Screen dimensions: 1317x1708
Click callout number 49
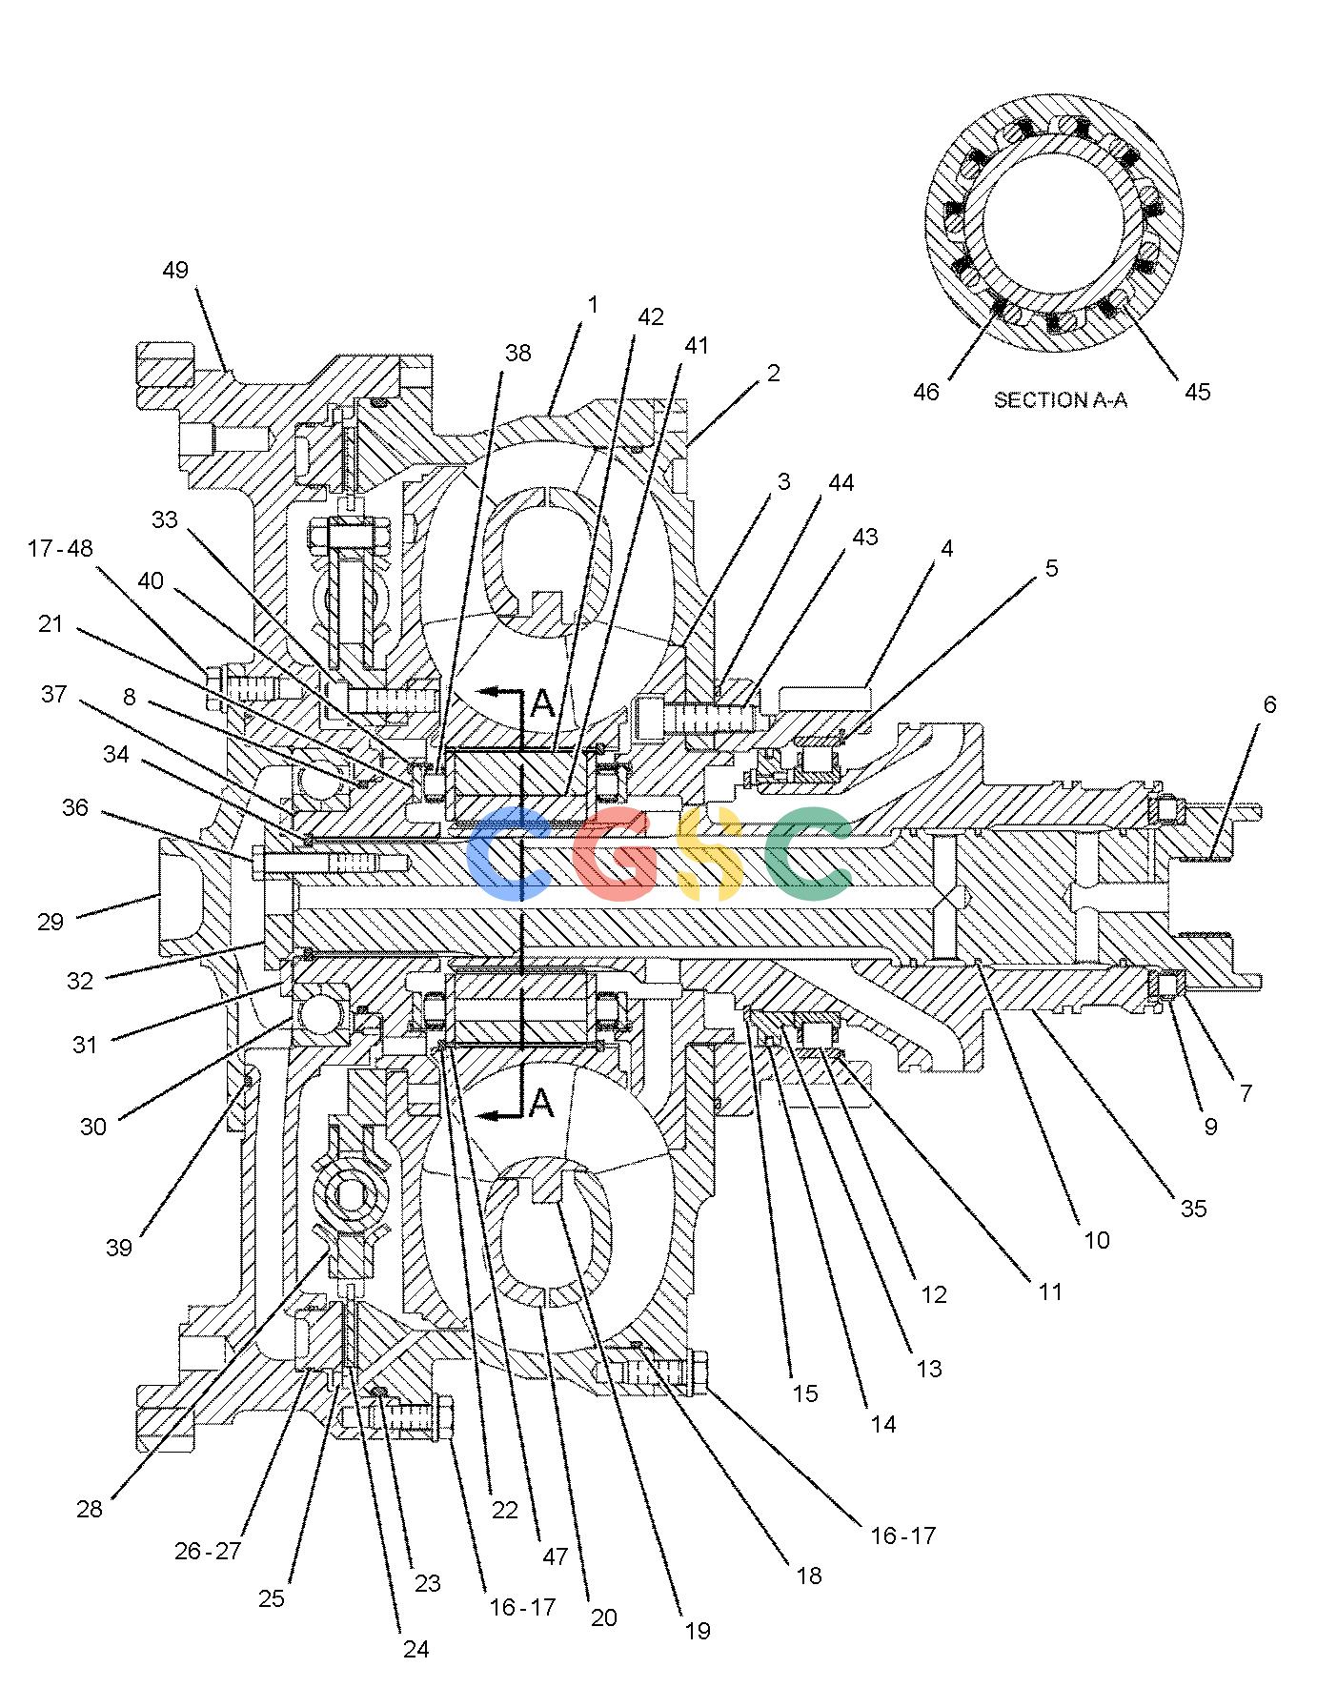click(175, 270)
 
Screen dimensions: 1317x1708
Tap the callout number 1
click(594, 304)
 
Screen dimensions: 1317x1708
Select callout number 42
click(650, 316)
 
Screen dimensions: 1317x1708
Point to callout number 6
click(1269, 704)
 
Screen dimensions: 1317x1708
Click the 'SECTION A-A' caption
click(1060, 400)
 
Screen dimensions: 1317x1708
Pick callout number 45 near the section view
click(1197, 392)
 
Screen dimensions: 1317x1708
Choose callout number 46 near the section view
click(926, 392)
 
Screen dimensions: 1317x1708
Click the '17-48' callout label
click(61, 548)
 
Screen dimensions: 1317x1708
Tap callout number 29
click(51, 922)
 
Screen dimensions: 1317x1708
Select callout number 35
click(1193, 1209)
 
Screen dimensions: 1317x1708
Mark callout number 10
click(1097, 1240)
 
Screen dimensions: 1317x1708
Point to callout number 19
click(698, 1631)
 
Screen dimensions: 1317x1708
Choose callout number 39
click(118, 1248)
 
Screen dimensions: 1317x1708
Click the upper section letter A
click(541, 703)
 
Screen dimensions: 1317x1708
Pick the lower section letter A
click(540, 1102)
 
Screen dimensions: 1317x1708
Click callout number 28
click(90, 1509)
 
